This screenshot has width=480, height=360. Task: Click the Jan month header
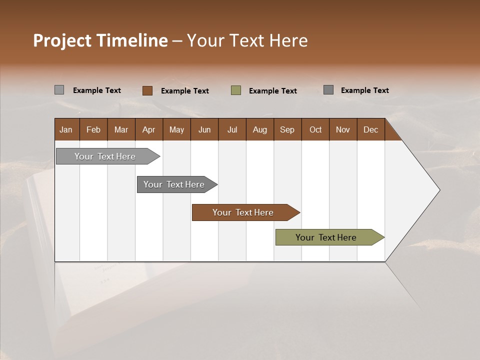point(66,130)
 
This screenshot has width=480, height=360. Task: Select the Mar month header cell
point(121,130)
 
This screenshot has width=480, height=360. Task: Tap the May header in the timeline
point(176,130)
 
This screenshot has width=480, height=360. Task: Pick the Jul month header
point(232,130)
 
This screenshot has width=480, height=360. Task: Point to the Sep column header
point(287,130)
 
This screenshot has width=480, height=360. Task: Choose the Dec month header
point(370,130)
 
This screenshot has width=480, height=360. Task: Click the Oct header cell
point(315,130)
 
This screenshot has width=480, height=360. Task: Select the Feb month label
point(93,130)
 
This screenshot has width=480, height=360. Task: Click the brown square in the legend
point(147,90)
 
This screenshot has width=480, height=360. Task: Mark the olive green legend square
point(236,90)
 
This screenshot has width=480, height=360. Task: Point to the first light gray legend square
point(59,90)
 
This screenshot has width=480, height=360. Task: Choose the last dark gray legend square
point(328,90)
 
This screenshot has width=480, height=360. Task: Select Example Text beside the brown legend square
point(185,91)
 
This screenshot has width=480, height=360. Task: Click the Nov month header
point(343,130)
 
